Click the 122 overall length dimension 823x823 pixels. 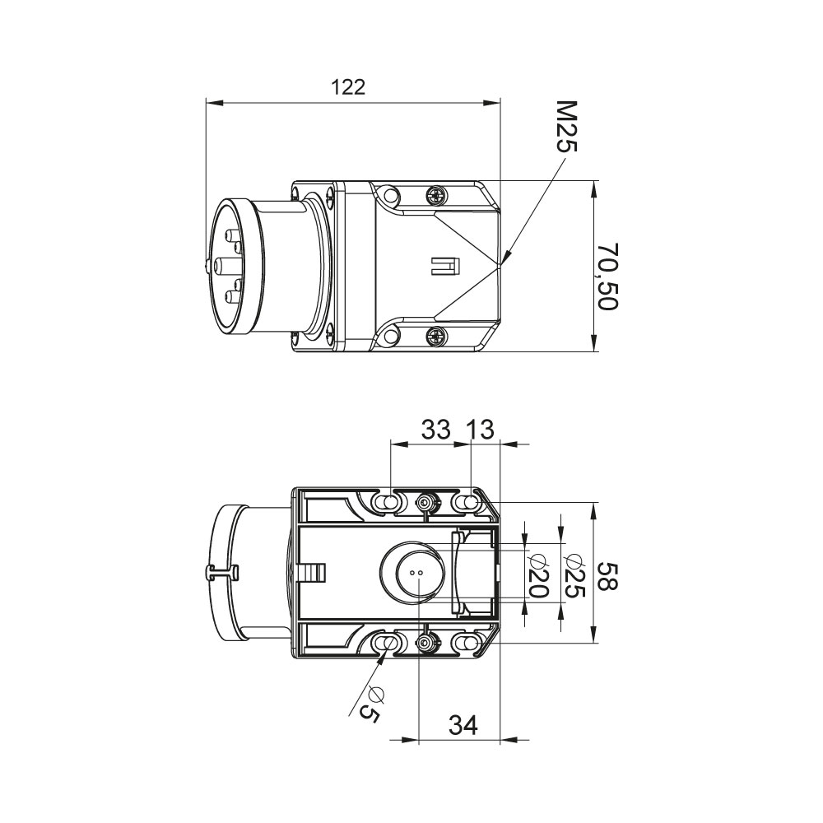pos(348,87)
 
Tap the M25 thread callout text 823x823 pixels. pos(566,127)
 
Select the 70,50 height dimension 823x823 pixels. pos(608,276)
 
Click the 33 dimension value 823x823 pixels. pos(436,430)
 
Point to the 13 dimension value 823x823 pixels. pos(480,430)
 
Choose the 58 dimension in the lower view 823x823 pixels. pos(608,576)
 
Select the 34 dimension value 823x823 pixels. pos(463,725)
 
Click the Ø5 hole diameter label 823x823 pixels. pos(372,704)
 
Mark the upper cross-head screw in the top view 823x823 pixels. pos(437,197)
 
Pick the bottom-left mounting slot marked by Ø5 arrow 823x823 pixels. pos(386,642)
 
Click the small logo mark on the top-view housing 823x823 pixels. pos(444,266)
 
